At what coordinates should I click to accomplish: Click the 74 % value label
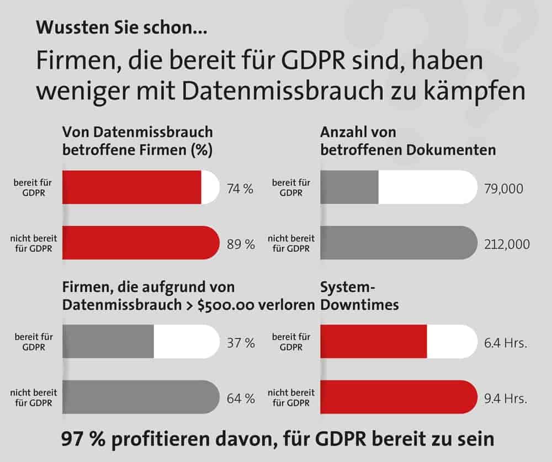click(240, 189)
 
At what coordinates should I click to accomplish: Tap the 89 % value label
click(241, 243)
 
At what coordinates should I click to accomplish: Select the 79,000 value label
click(503, 189)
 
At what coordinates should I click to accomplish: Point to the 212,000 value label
click(506, 243)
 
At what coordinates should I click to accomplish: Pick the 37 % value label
click(241, 343)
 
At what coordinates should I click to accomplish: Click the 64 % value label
click(241, 398)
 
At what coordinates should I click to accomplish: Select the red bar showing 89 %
click(141, 243)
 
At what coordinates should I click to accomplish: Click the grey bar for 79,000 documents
click(349, 188)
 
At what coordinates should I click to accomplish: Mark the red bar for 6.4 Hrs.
click(373, 342)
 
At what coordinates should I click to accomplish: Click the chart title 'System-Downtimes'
click(359, 296)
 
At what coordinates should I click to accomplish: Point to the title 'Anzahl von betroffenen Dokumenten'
click(407, 141)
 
